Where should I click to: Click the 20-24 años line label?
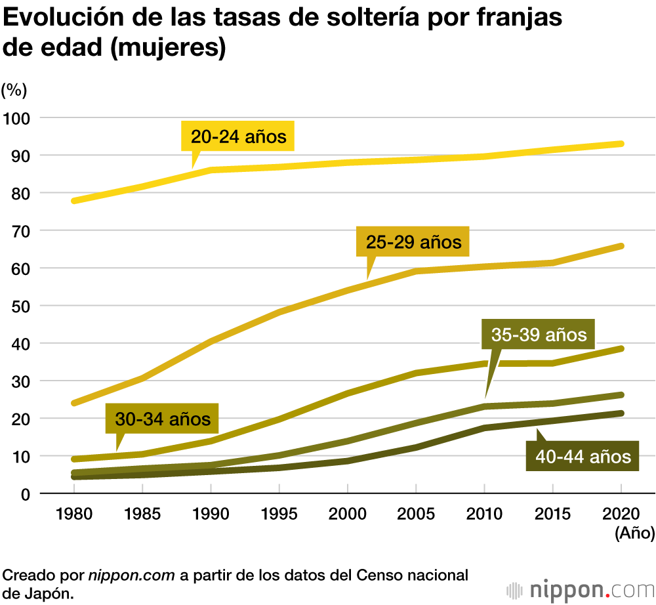click(x=238, y=137)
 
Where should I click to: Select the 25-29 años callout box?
click(x=413, y=242)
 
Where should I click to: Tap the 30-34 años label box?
click(x=162, y=419)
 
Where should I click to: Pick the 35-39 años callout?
click(x=539, y=335)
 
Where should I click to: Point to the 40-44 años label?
click(x=583, y=456)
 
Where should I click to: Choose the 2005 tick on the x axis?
click(x=416, y=514)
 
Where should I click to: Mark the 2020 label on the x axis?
click(x=621, y=514)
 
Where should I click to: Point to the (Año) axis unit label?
click(x=634, y=533)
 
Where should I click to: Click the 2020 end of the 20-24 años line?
click(x=621, y=144)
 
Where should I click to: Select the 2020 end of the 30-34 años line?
click(x=621, y=348)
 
